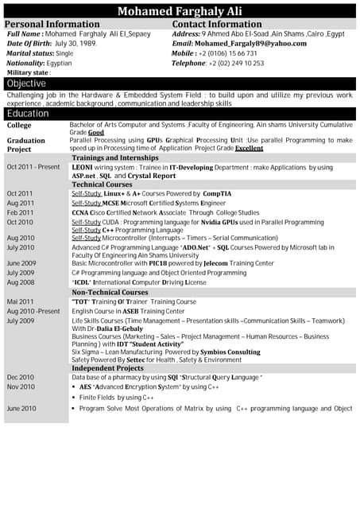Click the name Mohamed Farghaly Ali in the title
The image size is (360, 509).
tap(179, 11)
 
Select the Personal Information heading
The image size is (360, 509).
tap(52, 25)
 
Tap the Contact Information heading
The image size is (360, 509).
tap(217, 25)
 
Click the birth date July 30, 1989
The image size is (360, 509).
tap(77, 44)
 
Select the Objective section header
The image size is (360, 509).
tap(26, 84)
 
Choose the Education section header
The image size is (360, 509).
tap(28, 114)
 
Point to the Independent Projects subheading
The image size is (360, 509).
tap(108, 368)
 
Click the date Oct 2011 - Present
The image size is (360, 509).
tap(33, 168)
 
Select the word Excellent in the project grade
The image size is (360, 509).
tap(249, 148)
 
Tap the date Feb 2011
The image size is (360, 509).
tap(20, 213)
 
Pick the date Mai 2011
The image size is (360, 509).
tap(20, 302)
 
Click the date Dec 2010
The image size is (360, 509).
tap(20, 377)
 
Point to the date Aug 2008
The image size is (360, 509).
tap(21, 282)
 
